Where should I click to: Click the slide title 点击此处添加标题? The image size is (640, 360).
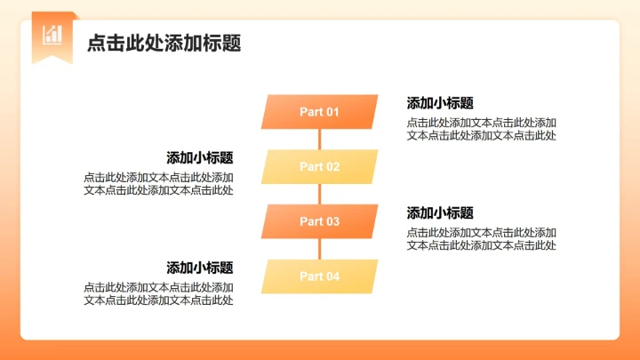point(164,44)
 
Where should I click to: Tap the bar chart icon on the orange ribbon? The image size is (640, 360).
point(52,35)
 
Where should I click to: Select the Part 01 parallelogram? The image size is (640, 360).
point(319,112)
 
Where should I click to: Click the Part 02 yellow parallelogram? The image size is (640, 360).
point(319,166)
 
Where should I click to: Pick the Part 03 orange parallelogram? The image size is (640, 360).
point(319,221)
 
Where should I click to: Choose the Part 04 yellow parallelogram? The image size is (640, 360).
point(319,276)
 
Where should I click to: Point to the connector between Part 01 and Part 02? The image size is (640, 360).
point(319,140)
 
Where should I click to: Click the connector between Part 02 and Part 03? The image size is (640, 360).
point(319,194)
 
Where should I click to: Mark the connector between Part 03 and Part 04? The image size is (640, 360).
point(319,249)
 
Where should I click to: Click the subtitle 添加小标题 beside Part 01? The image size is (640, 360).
point(440,103)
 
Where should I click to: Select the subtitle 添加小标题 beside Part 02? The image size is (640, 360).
point(200,158)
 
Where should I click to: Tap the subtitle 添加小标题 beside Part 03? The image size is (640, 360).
point(440,213)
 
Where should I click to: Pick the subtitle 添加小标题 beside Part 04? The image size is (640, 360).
point(200,268)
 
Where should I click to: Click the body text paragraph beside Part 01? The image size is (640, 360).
point(482,129)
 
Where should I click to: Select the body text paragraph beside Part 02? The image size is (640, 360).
point(159,183)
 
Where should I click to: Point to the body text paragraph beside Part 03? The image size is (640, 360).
point(482,239)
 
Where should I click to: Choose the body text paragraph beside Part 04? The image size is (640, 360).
point(159,293)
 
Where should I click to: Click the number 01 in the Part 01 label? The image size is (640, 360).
point(332,112)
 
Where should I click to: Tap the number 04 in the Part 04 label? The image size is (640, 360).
point(332,276)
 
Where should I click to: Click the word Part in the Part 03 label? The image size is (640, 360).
point(310,221)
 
